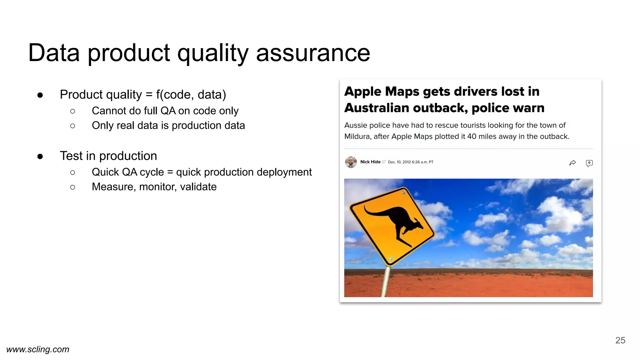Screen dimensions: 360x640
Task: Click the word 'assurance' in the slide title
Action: click(x=313, y=53)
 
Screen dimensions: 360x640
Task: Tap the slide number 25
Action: click(x=620, y=340)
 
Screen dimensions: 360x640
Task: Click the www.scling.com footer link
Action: click(x=38, y=349)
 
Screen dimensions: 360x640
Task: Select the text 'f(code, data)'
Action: click(x=191, y=95)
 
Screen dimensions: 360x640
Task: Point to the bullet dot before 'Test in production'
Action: click(x=40, y=156)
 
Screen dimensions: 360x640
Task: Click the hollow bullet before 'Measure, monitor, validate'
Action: click(x=72, y=187)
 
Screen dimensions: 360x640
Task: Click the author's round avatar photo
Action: click(x=351, y=162)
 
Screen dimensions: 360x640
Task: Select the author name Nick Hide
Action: click(x=370, y=162)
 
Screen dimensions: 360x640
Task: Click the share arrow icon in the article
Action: click(x=572, y=163)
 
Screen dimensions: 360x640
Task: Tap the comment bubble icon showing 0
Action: click(x=589, y=163)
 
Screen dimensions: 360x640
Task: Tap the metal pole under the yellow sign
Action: click(x=385, y=281)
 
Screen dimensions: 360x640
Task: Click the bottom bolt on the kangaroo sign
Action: click(x=391, y=259)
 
